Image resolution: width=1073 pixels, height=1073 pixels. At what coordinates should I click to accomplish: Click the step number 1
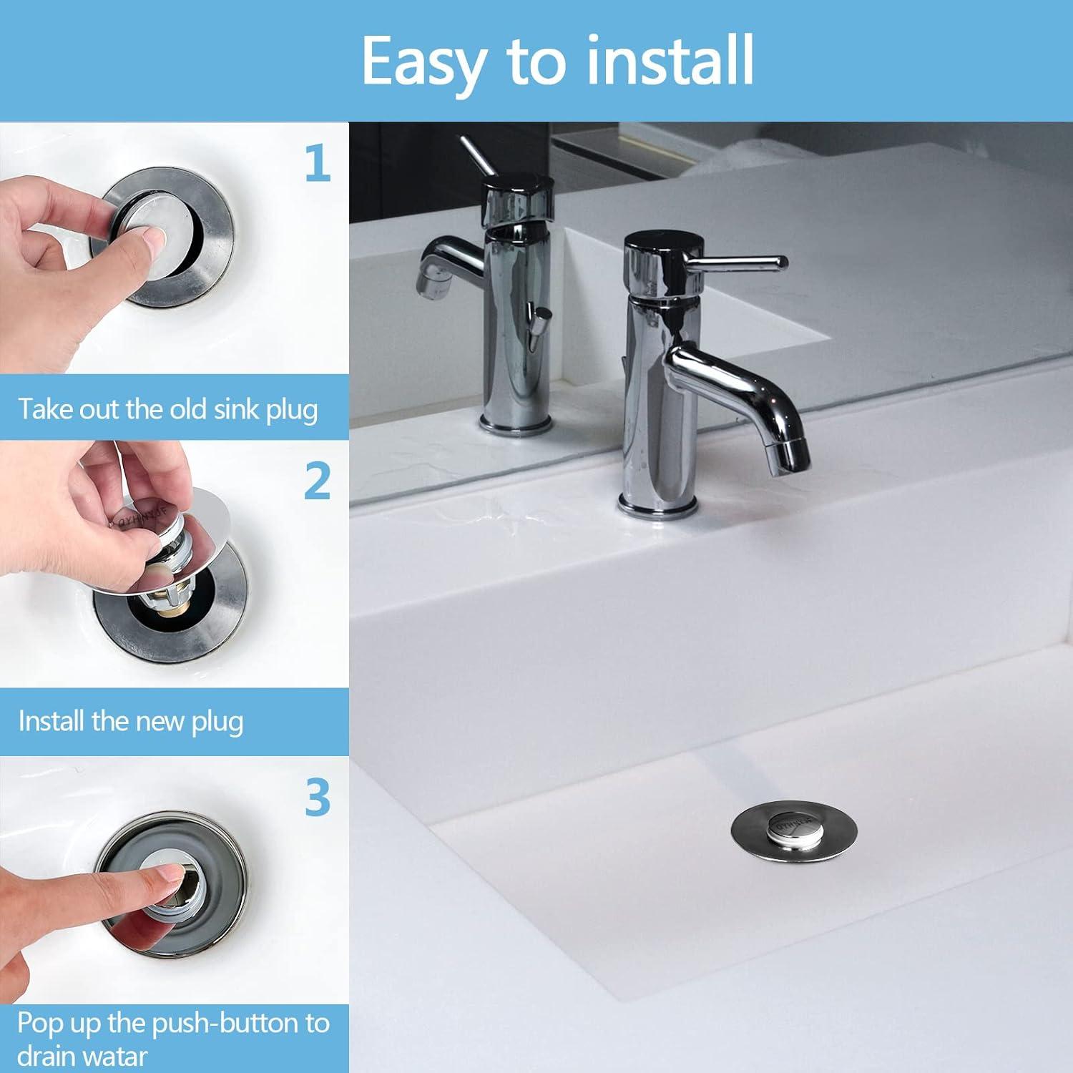(x=317, y=163)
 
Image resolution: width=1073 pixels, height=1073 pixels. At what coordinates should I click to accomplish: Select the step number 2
(x=317, y=481)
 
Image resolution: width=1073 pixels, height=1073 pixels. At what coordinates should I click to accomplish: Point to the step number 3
(x=317, y=798)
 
